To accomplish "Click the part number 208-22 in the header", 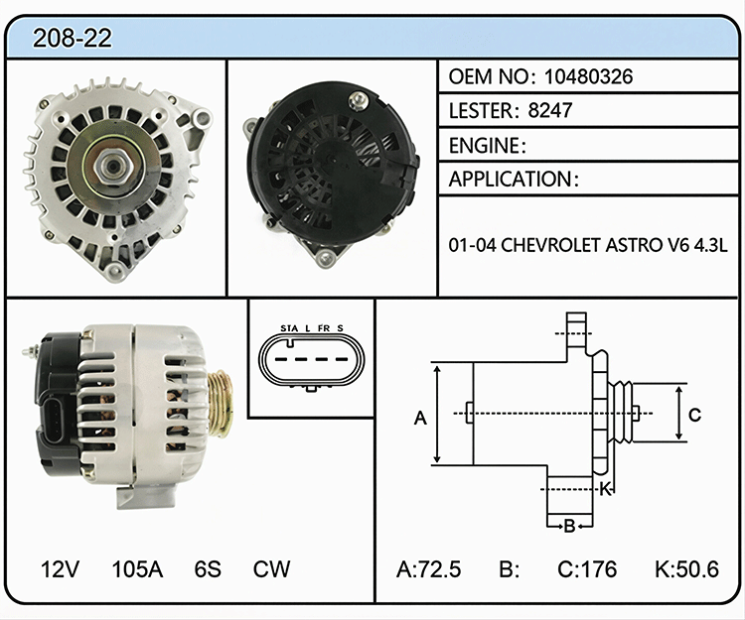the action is click(x=73, y=38).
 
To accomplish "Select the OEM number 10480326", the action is click(x=588, y=76).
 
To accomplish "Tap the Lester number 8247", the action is click(x=549, y=110).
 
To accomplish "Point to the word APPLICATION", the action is click(x=510, y=179).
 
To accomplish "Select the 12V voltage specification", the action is click(x=60, y=568).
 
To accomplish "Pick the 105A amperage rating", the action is click(x=137, y=568).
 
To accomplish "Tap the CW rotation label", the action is click(x=271, y=568).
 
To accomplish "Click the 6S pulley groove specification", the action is click(x=208, y=568).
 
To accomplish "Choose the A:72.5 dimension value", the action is click(x=428, y=569).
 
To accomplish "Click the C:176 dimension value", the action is click(x=587, y=569).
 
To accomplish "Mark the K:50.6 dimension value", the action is click(x=686, y=569).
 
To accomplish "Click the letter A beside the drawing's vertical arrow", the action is click(x=420, y=418).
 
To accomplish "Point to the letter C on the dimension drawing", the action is click(x=694, y=415).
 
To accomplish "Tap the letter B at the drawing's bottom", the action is click(x=570, y=526).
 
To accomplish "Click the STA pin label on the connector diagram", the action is click(x=289, y=328).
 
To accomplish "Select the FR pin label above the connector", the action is click(x=324, y=328).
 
